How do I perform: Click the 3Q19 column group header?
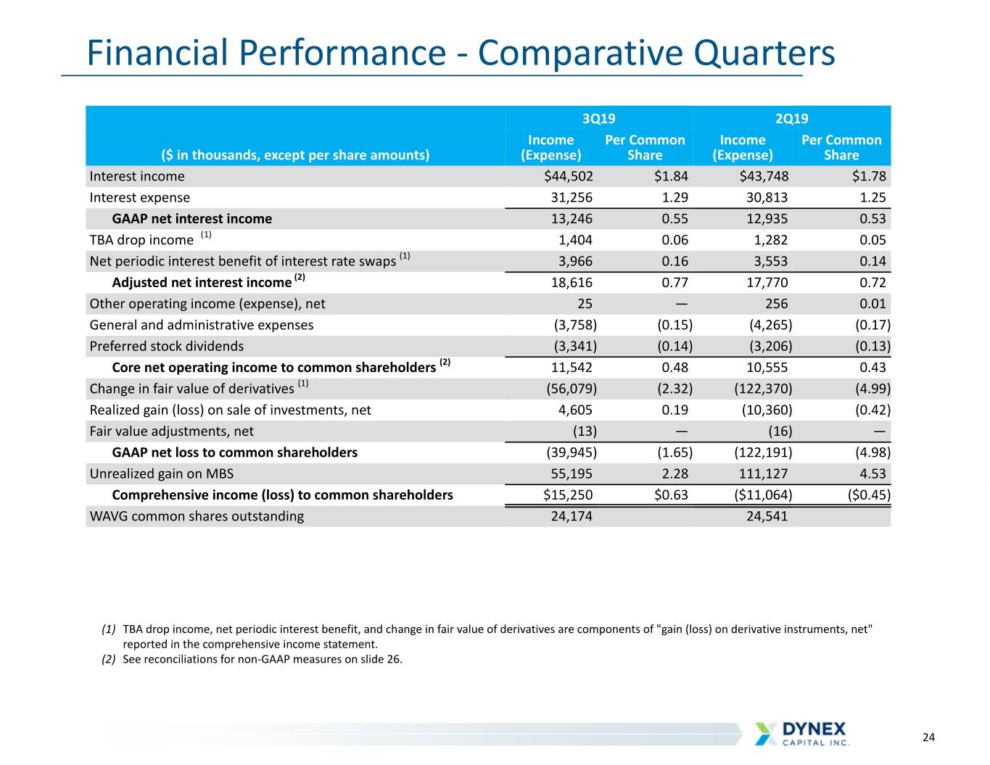tap(598, 118)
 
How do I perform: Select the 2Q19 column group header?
tap(791, 118)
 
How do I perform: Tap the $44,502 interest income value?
tap(569, 176)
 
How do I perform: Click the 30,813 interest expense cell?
tap(767, 198)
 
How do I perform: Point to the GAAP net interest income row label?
tap(191, 219)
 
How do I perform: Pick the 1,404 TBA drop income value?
tap(575, 240)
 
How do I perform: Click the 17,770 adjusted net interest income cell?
tap(767, 283)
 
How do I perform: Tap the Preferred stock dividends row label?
tap(166, 347)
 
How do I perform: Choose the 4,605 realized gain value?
tap(575, 410)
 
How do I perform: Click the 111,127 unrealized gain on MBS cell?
tap(763, 474)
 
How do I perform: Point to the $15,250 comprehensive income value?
tap(568, 495)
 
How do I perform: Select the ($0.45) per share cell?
tap(869, 495)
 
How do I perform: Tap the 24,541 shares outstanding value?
tap(767, 516)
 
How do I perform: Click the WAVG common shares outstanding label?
tap(197, 516)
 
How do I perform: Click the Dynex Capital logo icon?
tap(766, 733)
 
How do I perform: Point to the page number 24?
tap(928, 737)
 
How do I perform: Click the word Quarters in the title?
tap(764, 53)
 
